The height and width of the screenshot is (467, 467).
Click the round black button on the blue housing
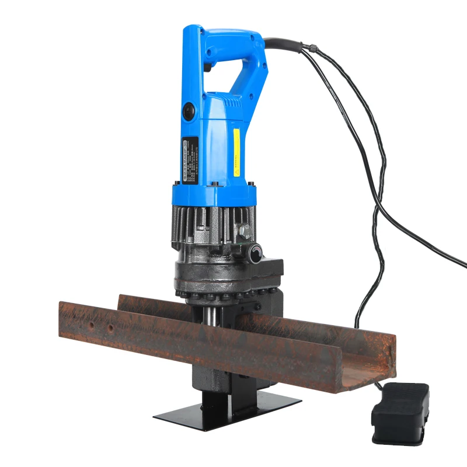(189, 110)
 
